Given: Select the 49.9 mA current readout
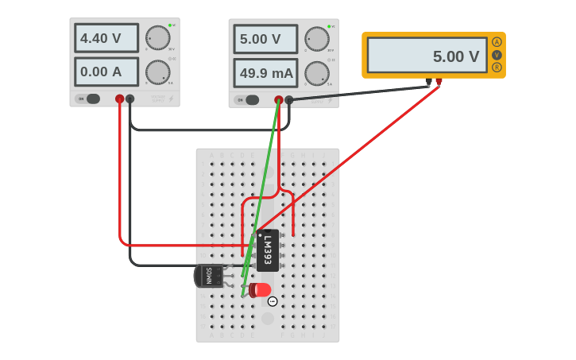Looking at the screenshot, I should coord(265,73).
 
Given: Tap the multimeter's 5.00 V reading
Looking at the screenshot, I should coord(427,56).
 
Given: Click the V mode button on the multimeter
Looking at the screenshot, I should coord(497,55).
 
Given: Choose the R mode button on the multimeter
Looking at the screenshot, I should coord(497,68).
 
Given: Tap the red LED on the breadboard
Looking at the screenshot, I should coord(260,290).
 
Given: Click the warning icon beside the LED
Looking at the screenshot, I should coord(273,301).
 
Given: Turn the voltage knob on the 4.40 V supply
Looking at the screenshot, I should coord(157,37).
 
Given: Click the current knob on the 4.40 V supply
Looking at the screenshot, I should coord(157,72).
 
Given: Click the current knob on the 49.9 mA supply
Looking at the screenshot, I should coord(316,73).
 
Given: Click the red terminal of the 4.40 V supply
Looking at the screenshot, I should coord(119,99).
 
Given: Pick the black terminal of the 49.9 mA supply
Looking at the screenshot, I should coord(289,100).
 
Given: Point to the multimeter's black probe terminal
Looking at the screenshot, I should coord(429,81).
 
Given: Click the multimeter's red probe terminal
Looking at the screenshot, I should coord(439,81).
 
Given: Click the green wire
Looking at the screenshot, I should coord(261,199).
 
